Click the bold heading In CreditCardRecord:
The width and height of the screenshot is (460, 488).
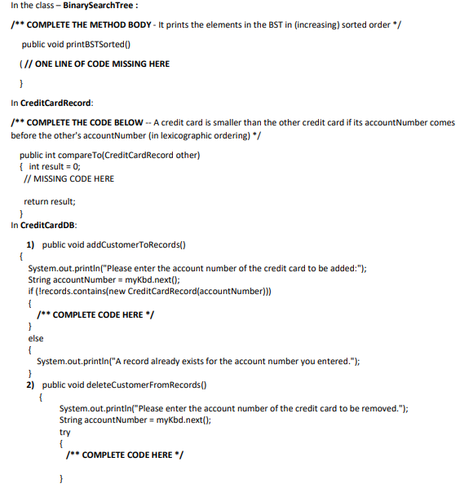point(51,103)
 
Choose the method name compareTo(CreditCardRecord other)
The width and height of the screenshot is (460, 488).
point(133,155)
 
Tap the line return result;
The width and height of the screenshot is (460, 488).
point(50,201)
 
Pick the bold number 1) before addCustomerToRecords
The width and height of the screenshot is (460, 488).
point(30,244)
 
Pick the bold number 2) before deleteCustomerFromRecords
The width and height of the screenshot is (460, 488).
point(30,385)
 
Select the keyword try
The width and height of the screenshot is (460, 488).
point(65,432)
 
